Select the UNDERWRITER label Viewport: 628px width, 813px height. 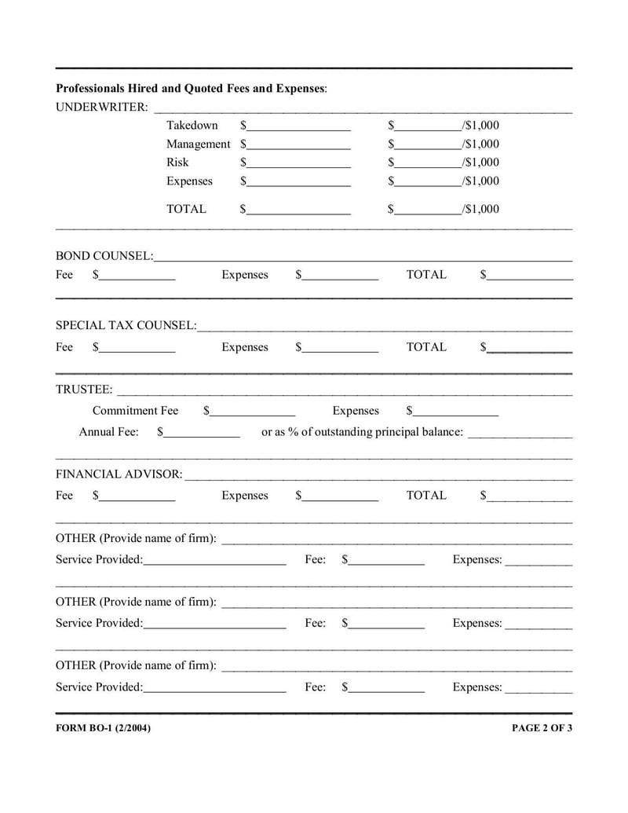(x=102, y=107)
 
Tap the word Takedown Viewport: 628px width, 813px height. (x=192, y=126)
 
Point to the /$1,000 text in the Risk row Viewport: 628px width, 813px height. (x=480, y=163)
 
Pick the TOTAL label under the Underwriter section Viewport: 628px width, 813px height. (x=186, y=210)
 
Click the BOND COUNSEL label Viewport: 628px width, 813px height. (x=104, y=256)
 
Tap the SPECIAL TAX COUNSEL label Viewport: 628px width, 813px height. (x=126, y=325)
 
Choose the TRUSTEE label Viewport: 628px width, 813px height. (x=84, y=390)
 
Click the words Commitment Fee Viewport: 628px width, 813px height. (x=135, y=411)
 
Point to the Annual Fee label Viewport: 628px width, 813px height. (x=108, y=432)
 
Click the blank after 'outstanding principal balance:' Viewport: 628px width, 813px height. (x=520, y=434)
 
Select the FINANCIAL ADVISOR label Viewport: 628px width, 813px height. (x=119, y=474)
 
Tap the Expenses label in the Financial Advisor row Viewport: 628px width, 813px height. (x=245, y=496)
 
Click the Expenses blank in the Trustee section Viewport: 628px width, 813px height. (x=456, y=412)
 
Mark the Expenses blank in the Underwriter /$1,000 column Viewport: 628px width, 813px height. (x=429, y=182)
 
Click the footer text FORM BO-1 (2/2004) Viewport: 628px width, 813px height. (x=104, y=728)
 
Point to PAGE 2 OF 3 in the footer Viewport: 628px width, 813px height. (x=542, y=728)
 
